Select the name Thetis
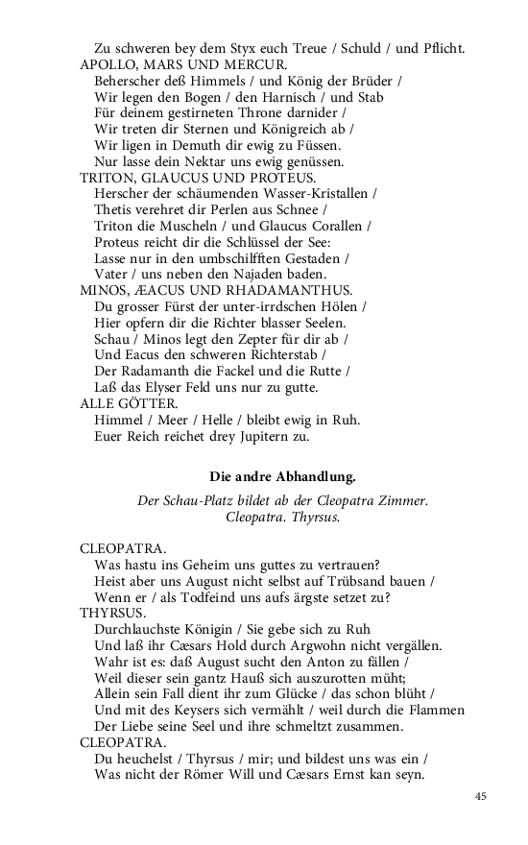(113, 210)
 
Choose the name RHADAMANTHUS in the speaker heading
(298, 290)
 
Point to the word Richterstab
(276, 355)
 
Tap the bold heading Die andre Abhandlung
(282, 475)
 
